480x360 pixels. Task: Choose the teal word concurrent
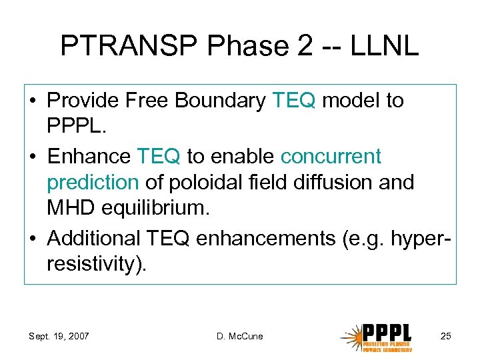tap(331, 157)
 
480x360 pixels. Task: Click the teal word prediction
tap(93, 181)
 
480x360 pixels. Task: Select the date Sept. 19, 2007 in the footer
tap(59, 336)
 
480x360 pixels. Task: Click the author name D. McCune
tap(239, 336)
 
